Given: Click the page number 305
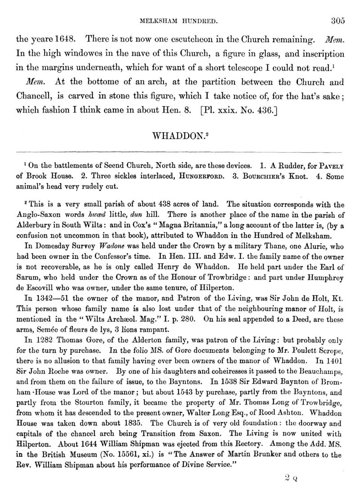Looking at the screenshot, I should pos(337,20).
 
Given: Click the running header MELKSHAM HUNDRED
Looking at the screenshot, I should pos(180,21).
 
